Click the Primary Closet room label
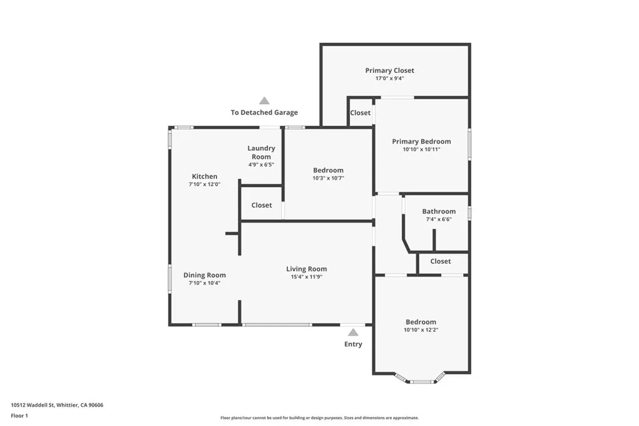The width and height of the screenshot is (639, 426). pyautogui.click(x=389, y=70)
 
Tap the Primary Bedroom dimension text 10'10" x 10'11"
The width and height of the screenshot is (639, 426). pyautogui.click(x=421, y=150)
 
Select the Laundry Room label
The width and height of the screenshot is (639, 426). pyautogui.click(x=261, y=152)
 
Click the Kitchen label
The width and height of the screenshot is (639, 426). pyautogui.click(x=204, y=177)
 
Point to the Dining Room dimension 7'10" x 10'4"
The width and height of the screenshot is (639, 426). pyautogui.click(x=204, y=283)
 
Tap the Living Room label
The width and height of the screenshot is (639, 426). pyautogui.click(x=306, y=269)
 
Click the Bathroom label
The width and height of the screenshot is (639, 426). pyautogui.click(x=439, y=211)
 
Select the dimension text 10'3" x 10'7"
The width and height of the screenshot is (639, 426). pyautogui.click(x=328, y=178)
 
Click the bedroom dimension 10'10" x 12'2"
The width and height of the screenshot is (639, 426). pyautogui.click(x=421, y=330)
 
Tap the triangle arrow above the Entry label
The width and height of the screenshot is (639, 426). pyautogui.click(x=353, y=332)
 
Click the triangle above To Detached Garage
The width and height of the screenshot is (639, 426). pyautogui.click(x=264, y=100)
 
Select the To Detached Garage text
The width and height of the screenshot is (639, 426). pyautogui.click(x=264, y=113)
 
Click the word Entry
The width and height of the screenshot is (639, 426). pyautogui.click(x=353, y=344)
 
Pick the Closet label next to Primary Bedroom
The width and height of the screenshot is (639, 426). pyautogui.click(x=360, y=113)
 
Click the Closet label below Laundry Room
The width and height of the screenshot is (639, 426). pyautogui.click(x=261, y=205)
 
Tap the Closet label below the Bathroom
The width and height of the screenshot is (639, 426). pyautogui.click(x=440, y=261)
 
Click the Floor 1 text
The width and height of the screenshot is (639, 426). pyautogui.click(x=19, y=415)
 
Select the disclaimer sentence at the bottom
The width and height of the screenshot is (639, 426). pyautogui.click(x=319, y=418)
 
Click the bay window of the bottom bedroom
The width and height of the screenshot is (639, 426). pyautogui.click(x=421, y=380)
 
